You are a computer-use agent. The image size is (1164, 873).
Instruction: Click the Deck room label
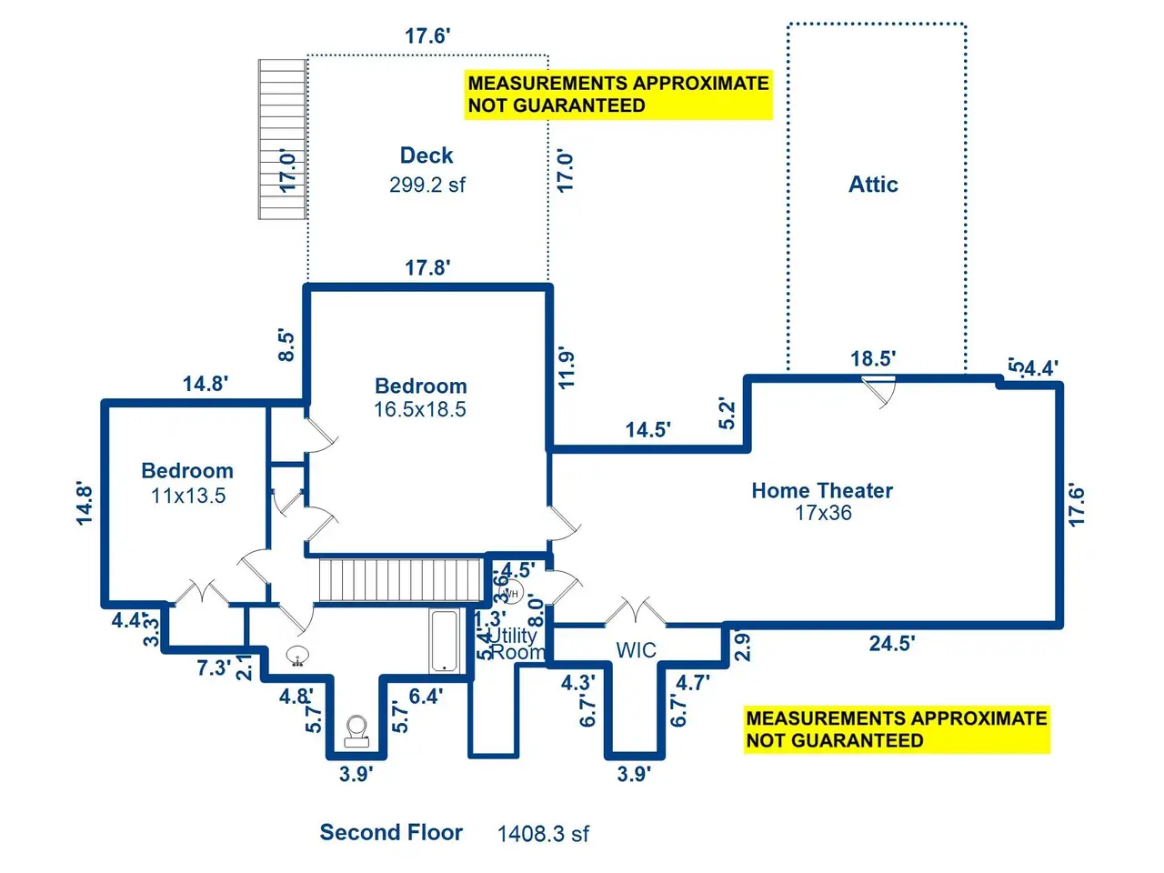click(426, 156)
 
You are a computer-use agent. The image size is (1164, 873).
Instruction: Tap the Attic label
click(873, 185)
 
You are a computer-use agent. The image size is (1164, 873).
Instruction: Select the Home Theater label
click(822, 491)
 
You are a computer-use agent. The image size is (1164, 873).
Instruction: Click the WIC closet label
click(636, 650)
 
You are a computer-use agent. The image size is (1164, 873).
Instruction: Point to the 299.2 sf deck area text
click(427, 185)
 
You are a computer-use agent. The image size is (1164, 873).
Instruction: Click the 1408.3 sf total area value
click(543, 834)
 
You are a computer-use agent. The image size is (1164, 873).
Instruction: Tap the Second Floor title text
click(391, 832)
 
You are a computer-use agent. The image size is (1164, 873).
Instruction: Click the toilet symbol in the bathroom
click(356, 730)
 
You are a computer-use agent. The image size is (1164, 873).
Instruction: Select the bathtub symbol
click(444, 641)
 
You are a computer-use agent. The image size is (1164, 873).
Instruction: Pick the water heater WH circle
click(511, 595)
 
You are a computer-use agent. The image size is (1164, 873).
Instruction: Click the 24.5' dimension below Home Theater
click(892, 644)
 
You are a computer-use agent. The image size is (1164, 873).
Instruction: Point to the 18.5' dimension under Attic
click(873, 358)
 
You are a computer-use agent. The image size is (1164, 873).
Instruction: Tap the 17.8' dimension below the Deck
click(427, 267)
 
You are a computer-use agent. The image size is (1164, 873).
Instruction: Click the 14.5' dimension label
click(648, 429)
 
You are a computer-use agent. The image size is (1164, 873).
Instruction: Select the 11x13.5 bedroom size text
click(188, 496)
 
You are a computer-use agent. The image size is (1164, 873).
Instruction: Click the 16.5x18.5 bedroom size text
click(420, 409)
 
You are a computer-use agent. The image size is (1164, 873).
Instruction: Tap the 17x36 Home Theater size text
click(823, 513)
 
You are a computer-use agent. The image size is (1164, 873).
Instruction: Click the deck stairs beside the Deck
click(282, 138)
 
